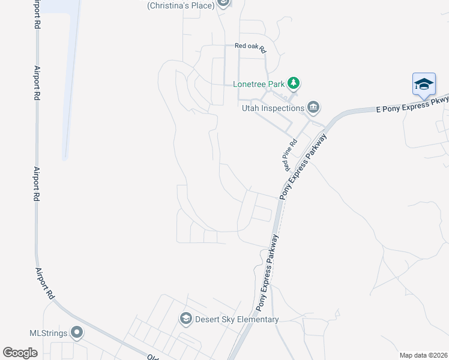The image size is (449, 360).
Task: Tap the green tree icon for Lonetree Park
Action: tap(293, 83)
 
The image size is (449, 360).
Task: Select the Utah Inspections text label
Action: tap(273, 108)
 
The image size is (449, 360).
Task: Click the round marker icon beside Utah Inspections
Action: tap(313, 107)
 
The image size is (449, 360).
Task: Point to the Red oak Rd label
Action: tap(250, 46)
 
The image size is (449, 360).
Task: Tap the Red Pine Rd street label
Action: tap(291, 154)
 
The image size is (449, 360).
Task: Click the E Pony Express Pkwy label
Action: tap(412, 106)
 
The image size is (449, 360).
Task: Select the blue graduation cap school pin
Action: tap(424, 84)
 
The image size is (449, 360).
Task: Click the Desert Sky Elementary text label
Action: tap(237, 319)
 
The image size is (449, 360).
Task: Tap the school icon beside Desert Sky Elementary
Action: tap(185, 319)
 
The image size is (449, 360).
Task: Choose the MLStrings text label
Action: tap(48, 332)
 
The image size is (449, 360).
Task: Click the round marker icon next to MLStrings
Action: tap(77, 332)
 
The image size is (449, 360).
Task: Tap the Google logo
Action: tap(20, 353)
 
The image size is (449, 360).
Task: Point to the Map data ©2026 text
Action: tap(423, 355)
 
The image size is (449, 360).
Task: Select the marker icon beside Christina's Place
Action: tap(223, 3)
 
